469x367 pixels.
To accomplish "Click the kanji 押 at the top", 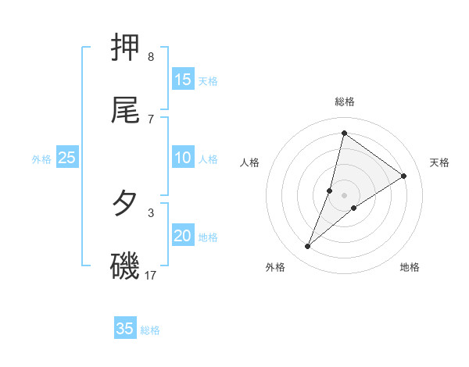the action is [x=126, y=49].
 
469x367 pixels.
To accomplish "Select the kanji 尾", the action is [x=126, y=111].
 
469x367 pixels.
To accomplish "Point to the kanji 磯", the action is [x=125, y=266].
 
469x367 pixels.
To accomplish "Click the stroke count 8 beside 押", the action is [x=150, y=57].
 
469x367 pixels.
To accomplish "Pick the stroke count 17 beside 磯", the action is [x=151, y=275].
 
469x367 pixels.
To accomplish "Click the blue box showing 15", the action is [x=183, y=80].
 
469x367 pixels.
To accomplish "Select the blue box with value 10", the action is [x=183, y=158].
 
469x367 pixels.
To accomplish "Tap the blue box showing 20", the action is [x=183, y=237].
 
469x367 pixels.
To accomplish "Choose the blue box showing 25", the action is [x=67, y=158].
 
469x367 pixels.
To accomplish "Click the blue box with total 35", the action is [x=125, y=329].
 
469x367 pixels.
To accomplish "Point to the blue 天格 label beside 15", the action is [x=208, y=80].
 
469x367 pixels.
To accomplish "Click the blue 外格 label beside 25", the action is [x=41, y=159].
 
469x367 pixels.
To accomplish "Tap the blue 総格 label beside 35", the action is [x=150, y=330].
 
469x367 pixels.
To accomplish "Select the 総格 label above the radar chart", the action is [x=345, y=102].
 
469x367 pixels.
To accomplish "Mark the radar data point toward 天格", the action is [x=404, y=176].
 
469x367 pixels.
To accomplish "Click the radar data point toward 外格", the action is [x=308, y=247].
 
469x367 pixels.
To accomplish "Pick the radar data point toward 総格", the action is [x=344, y=134].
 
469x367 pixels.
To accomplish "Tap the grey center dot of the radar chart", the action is [x=345, y=195].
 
